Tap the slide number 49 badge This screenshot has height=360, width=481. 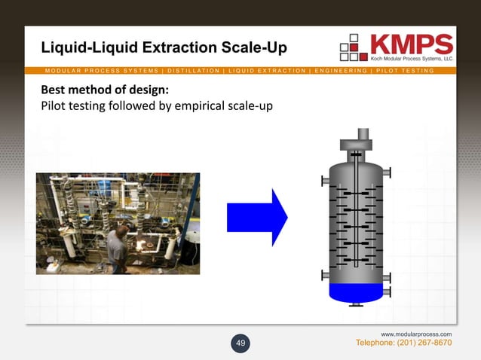coord(241,343)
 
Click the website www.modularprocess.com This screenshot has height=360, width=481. coord(416,333)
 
